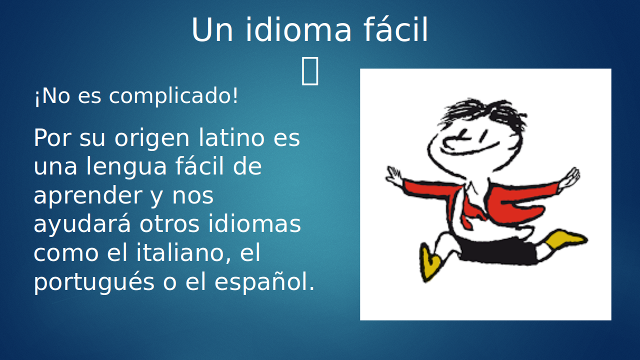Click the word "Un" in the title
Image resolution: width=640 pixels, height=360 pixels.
point(212,30)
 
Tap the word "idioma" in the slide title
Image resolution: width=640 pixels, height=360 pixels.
point(298,29)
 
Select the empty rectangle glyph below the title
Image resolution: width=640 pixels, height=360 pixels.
point(310,70)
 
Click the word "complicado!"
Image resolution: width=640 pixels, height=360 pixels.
point(173,96)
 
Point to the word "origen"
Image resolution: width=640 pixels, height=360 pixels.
point(152,139)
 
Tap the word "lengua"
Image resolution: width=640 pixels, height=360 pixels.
point(126,167)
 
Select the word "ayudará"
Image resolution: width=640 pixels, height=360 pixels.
point(82,224)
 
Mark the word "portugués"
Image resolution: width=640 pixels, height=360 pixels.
point(94,282)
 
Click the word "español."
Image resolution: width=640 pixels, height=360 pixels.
point(264,282)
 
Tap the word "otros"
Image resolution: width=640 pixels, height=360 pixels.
point(169,224)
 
